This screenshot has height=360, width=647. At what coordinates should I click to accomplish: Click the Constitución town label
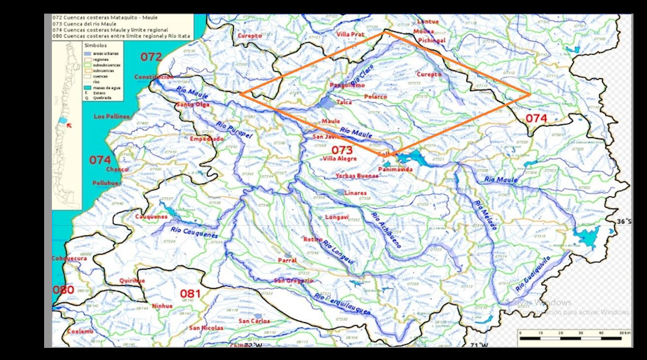(x=154, y=77)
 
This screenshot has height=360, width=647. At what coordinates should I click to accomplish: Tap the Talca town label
(x=344, y=102)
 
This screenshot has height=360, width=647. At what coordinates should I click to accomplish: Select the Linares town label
(x=355, y=193)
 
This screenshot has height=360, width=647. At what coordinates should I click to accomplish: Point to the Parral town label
(x=287, y=260)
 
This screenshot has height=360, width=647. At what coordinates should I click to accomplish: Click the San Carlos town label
(x=254, y=321)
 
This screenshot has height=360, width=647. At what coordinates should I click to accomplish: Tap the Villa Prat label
(x=351, y=34)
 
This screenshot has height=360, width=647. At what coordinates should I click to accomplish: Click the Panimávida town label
(x=396, y=170)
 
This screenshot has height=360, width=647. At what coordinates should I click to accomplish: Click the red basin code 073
(x=342, y=149)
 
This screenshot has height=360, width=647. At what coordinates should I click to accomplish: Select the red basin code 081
(x=190, y=293)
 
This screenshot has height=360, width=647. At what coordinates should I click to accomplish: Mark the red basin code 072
(x=151, y=56)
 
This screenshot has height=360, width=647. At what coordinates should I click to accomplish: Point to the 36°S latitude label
(x=623, y=221)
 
